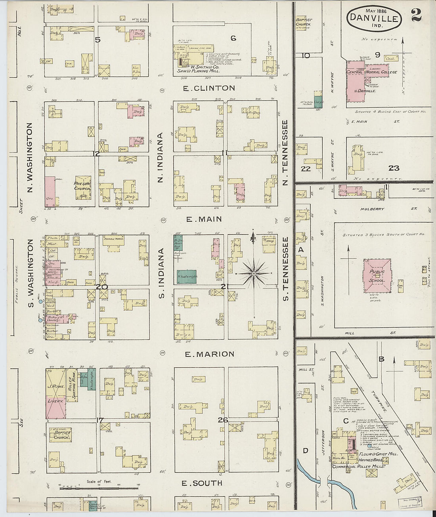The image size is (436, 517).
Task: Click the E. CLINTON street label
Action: click(x=209, y=88)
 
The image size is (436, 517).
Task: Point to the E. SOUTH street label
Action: click(x=202, y=483)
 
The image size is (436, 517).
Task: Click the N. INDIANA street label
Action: click(x=160, y=157)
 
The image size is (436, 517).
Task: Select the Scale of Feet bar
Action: click(x=99, y=488)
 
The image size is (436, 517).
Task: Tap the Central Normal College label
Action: click(x=371, y=72)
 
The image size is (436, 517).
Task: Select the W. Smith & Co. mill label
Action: click(x=198, y=69)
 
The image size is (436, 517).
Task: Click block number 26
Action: click(x=223, y=420)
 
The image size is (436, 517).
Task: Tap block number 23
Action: click(x=394, y=168)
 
